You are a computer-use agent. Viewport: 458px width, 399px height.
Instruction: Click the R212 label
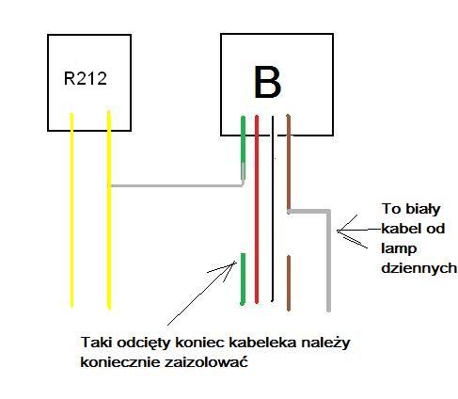86,78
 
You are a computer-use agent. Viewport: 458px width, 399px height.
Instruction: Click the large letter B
267,83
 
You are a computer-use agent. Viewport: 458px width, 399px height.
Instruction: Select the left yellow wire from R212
71,210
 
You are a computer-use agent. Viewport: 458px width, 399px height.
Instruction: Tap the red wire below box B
257,210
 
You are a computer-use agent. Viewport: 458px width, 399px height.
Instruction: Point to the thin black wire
273,209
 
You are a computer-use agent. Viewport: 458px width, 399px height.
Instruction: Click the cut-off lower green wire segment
243,279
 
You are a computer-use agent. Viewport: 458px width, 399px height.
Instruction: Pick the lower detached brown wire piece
289,283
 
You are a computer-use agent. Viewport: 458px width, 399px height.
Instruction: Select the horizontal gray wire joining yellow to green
177,186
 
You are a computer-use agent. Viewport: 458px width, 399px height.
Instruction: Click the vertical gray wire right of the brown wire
328,261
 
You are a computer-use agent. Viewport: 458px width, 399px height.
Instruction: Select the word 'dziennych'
419,268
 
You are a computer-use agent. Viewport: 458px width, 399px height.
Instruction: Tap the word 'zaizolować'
206,362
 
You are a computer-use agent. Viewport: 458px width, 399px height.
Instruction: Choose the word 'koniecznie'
120,362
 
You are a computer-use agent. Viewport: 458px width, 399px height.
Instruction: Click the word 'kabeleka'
262,342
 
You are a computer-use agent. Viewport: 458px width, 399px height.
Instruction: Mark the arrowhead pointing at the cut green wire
234,263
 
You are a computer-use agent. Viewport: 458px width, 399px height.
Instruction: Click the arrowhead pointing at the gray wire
339,231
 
